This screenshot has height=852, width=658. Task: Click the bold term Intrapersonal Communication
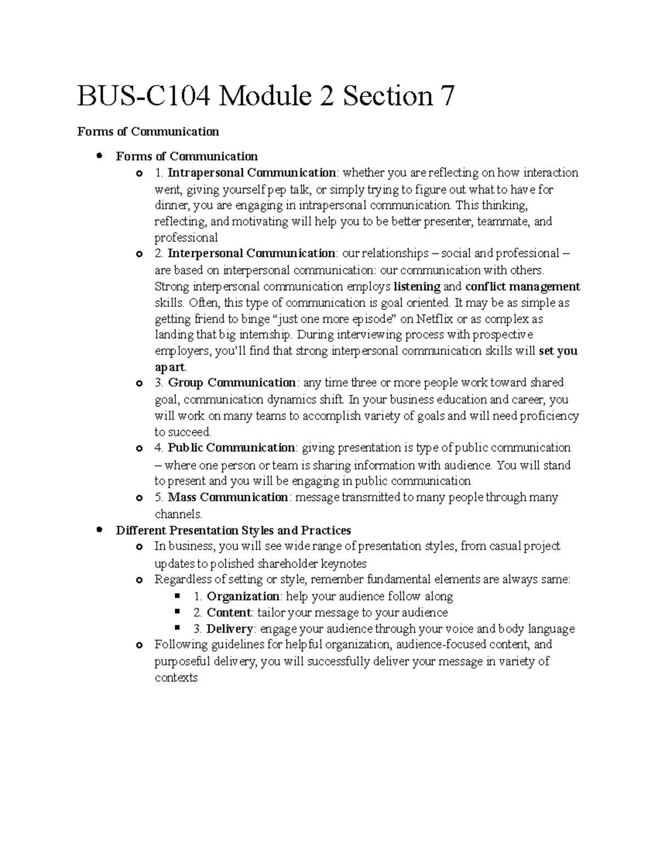coord(252,173)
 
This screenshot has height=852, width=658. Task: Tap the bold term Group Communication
coord(232,382)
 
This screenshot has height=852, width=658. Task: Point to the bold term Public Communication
coord(232,448)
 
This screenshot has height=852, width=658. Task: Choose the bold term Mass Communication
coord(228,498)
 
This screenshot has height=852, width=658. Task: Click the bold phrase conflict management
coord(523,286)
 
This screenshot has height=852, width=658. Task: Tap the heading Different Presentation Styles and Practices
coord(234,531)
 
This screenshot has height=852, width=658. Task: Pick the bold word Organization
coord(243,596)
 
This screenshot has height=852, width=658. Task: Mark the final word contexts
coord(176,678)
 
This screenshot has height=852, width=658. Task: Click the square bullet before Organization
coord(177,596)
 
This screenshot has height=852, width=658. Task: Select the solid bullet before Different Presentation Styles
coord(99,530)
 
